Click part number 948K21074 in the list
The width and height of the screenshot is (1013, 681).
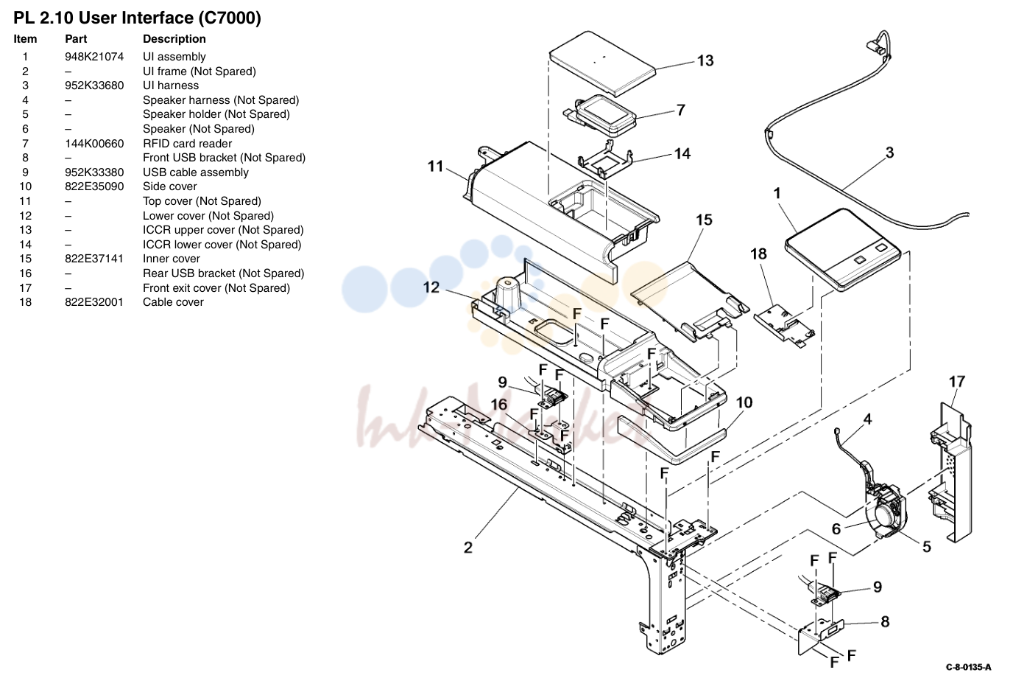94,57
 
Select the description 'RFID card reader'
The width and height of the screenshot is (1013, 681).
187,144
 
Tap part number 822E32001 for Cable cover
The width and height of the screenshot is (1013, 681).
94,302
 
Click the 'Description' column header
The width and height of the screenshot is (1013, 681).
174,39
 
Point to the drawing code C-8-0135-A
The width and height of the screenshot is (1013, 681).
968,667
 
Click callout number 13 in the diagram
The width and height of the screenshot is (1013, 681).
705,60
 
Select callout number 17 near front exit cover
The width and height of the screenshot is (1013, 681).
956,382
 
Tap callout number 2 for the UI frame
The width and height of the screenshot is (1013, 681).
468,548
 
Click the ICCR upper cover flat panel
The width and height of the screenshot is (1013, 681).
603,63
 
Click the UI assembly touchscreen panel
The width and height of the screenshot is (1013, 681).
843,250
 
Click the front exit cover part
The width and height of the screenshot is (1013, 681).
951,472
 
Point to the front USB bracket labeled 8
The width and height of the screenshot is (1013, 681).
820,637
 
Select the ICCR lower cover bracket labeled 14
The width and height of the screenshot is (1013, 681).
605,161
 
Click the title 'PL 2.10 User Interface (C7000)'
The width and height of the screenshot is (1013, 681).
137,18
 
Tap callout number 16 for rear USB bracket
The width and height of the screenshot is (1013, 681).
499,405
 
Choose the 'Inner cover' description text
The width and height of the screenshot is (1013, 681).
171,259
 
